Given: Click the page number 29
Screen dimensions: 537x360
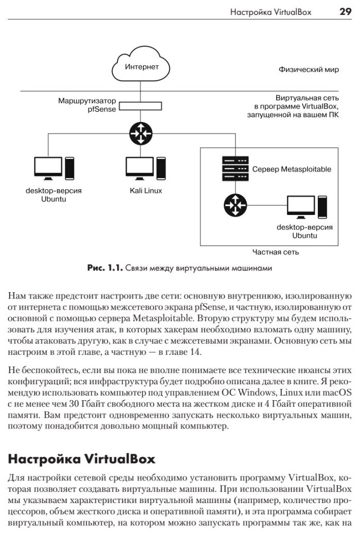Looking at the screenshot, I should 345,11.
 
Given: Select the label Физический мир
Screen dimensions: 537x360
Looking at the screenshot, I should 309,69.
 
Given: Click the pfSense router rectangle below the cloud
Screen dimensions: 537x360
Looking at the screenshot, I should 141,106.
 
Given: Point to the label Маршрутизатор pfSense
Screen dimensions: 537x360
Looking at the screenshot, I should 87,105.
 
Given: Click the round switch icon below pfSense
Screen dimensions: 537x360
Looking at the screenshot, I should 141,133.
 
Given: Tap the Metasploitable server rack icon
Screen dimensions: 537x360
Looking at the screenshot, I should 235,169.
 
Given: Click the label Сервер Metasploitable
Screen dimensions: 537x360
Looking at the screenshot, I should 292,169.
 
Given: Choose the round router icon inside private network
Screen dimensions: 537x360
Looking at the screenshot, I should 235,206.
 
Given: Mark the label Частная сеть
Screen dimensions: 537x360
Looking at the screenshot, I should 276,252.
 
